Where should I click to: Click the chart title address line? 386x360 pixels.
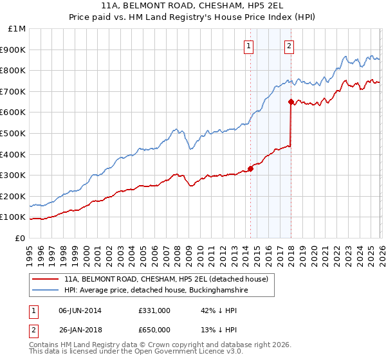[193, 5]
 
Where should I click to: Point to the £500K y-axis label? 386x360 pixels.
[14, 134]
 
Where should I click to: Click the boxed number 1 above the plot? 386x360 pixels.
[248, 46]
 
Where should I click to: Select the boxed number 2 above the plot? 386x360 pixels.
[289, 46]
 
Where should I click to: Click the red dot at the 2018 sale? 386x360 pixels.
[291, 102]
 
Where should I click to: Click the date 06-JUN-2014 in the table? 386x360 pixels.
[80, 310]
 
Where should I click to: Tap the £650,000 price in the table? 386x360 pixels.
[154, 329]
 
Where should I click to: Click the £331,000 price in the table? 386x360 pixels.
[154, 310]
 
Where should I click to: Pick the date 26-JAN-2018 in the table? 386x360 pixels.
[80, 329]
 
